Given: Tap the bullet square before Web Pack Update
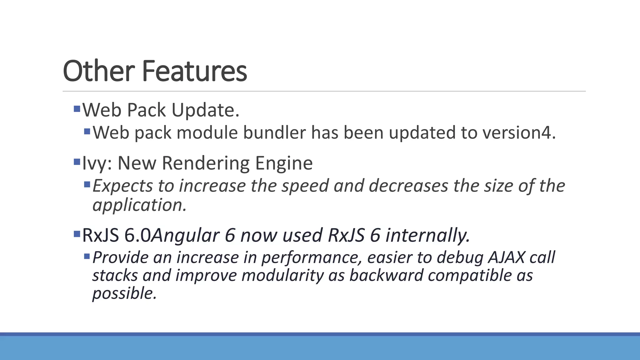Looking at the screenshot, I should [x=77, y=109].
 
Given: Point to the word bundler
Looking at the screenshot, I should [x=274, y=132].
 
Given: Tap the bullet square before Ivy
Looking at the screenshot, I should [x=77, y=162].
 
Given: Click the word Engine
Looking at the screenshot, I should [x=284, y=163].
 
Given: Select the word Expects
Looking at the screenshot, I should [x=123, y=186].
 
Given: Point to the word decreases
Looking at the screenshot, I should [x=409, y=186].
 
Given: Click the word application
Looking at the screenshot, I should [x=139, y=205].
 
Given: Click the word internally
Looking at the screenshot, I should [x=427, y=235].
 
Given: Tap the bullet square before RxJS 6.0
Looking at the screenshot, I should [x=77, y=234].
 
